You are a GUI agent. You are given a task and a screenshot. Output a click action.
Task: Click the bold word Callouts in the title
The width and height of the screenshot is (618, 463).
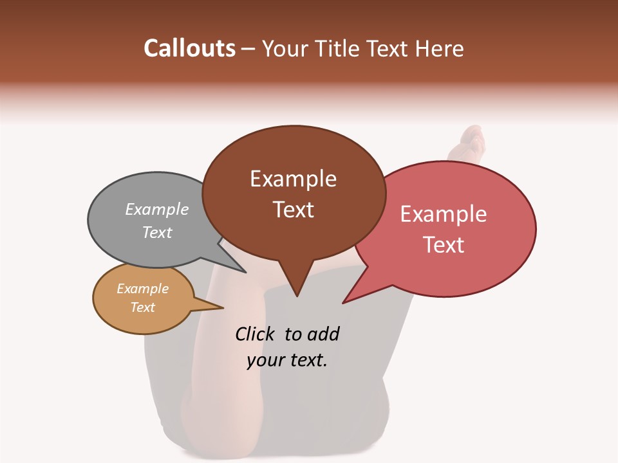point(189,48)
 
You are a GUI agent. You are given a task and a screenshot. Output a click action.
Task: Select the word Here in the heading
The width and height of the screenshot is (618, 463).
point(440,48)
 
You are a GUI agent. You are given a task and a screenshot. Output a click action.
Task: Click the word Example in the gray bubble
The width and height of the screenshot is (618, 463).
point(157,209)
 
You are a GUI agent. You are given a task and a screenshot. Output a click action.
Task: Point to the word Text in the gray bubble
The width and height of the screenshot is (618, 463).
point(157,232)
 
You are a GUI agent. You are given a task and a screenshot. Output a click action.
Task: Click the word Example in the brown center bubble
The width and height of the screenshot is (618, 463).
point(293,179)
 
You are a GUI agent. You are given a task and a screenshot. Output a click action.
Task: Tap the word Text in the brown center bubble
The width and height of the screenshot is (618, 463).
point(293,210)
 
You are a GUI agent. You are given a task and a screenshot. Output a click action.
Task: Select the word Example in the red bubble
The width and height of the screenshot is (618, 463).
point(444,214)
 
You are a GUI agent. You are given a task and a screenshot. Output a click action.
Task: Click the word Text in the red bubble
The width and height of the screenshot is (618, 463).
point(444,245)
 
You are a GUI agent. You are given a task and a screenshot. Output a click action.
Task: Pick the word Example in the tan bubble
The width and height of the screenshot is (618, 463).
point(142,289)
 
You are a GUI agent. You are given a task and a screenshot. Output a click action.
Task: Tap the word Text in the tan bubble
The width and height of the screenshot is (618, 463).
point(142,307)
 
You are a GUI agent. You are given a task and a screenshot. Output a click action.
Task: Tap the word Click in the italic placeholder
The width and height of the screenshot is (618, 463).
point(256,334)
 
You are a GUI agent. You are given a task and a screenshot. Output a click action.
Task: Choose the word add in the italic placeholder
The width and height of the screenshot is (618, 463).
point(323,334)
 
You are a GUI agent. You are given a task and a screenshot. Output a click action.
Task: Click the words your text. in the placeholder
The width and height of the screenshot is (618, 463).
point(287,360)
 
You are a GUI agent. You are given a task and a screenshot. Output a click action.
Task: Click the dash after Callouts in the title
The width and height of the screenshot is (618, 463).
point(248,49)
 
